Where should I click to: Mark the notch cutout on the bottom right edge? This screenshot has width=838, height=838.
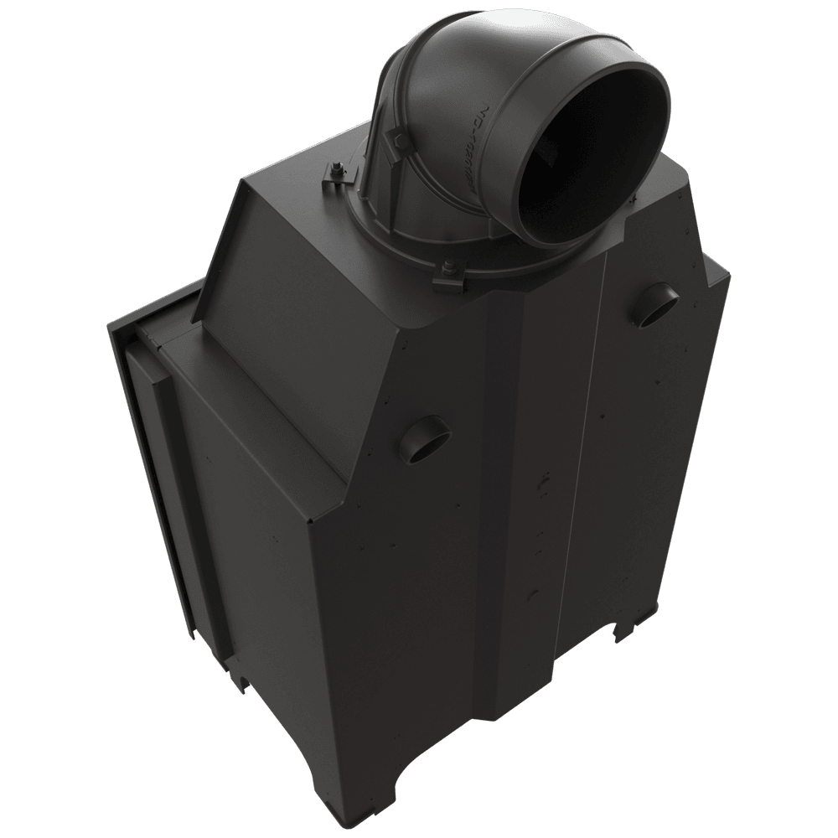point(625,629)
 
